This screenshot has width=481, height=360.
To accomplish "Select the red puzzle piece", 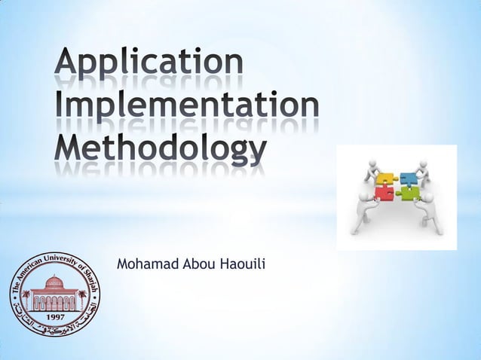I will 385,194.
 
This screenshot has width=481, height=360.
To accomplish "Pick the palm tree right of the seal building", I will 81,299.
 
